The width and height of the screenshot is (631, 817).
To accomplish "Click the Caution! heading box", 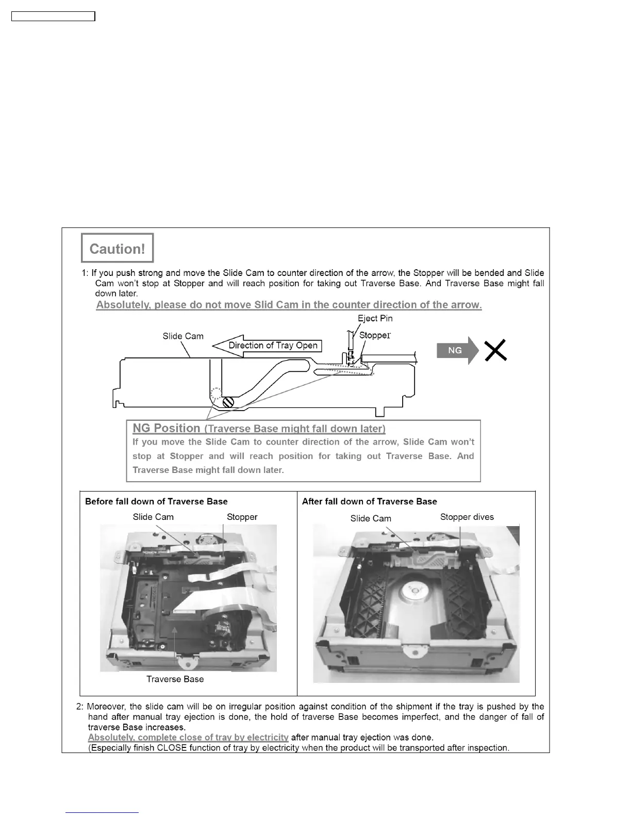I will [117, 248].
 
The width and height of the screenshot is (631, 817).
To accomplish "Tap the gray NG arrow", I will [457, 350].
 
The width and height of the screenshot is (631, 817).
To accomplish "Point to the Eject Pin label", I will [375, 318].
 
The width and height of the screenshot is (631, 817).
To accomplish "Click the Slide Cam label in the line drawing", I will [183, 336].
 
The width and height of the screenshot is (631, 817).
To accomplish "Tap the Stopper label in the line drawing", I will [375, 335].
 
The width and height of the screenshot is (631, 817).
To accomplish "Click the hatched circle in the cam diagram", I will [228, 400].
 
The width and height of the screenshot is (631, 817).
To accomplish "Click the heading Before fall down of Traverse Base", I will [156, 501].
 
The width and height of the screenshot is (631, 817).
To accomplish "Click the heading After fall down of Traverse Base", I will [369, 501].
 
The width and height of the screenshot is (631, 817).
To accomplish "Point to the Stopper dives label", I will [467, 517].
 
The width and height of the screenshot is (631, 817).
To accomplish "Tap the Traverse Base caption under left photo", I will [175, 679].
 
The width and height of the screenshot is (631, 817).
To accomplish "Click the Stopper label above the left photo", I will [242, 517].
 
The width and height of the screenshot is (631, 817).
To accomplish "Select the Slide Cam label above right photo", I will [371, 518].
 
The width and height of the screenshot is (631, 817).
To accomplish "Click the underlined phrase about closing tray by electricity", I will [188, 738].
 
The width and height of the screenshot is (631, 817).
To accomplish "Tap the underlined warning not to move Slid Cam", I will [289, 305].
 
